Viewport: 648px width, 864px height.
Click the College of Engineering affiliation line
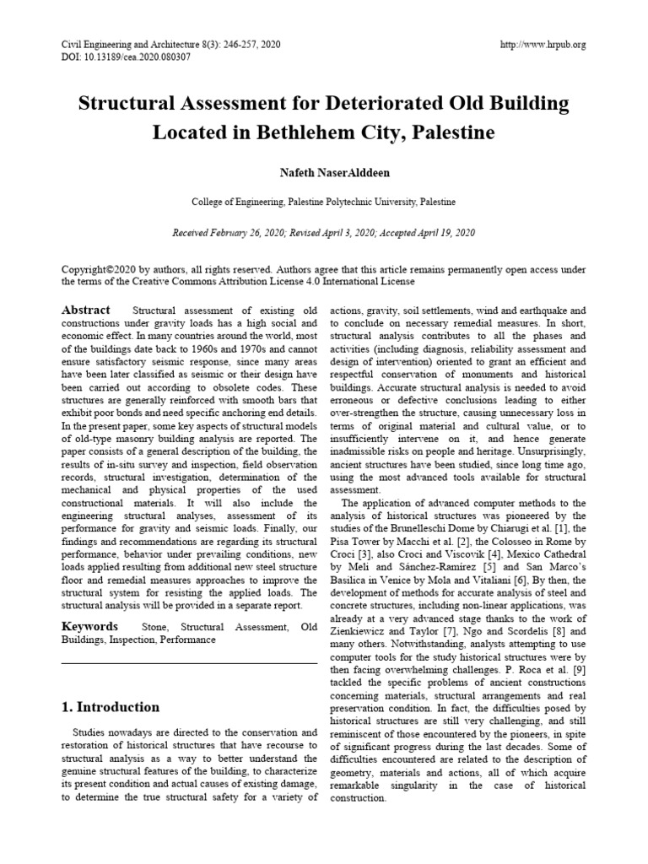point(323,202)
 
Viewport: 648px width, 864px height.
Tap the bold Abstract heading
point(86,310)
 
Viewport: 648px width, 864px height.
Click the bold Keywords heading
point(89,627)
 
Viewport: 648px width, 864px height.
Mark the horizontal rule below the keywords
point(190,663)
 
